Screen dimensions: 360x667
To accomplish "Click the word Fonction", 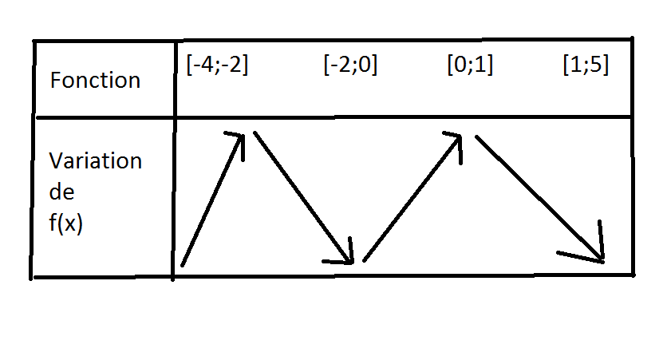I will pyautogui.click(x=94, y=81).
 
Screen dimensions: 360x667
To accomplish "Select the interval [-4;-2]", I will pyautogui.click(x=216, y=65).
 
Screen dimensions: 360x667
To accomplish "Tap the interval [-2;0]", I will pyautogui.click(x=350, y=65).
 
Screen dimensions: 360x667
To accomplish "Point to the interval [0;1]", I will pyautogui.click(x=469, y=65).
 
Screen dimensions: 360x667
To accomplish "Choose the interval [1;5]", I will pyautogui.click(x=585, y=65).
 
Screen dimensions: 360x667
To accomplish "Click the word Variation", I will pyautogui.click(x=95, y=160).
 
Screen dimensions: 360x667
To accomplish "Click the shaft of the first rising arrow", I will pyautogui.click(x=211, y=200).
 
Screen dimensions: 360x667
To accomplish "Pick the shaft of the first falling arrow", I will pyautogui.click(x=302, y=195).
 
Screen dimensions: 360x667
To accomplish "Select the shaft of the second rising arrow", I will pyautogui.click(x=411, y=199).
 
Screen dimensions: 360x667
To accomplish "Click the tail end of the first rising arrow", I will pyautogui.click(x=183, y=264).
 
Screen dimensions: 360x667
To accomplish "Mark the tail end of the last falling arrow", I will pyautogui.click(x=477, y=137).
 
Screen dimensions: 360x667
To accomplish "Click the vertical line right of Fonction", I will pyautogui.click(x=174, y=80).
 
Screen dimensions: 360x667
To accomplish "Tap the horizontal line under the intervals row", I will pyautogui.click(x=399, y=117).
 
